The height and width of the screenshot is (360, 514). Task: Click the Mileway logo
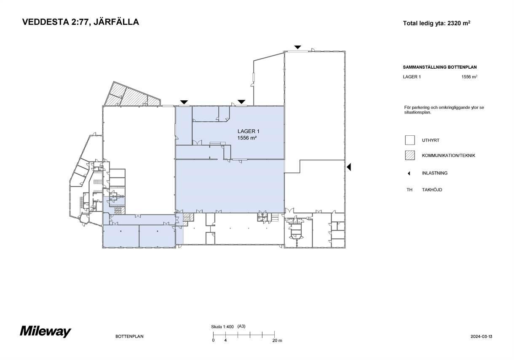(x=46, y=331)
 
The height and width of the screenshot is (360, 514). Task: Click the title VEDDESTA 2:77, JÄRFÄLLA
(x=80, y=22)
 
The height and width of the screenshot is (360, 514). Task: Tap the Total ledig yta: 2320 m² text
(x=436, y=23)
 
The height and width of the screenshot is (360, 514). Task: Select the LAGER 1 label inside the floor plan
(x=248, y=132)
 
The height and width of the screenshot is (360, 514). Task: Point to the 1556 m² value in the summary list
(x=469, y=77)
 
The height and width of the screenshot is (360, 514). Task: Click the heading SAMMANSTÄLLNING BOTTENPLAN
(x=440, y=67)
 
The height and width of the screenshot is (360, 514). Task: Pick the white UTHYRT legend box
(x=410, y=140)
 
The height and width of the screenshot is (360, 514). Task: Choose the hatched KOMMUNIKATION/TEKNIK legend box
(x=410, y=155)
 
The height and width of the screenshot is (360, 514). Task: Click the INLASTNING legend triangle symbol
(x=409, y=173)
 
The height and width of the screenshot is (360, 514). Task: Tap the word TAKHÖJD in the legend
(x=432, y=190)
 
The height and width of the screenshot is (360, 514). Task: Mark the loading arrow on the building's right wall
(x=348, y=167)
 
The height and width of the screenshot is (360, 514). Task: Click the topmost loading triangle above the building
(x=297, y=47)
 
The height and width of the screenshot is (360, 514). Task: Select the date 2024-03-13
(x=482, y=336)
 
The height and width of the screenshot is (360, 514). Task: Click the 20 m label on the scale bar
(x=277, y=341)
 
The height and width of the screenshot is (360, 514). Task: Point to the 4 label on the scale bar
(x=225, y=340)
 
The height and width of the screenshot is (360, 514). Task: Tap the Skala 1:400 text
(x=222, y=327)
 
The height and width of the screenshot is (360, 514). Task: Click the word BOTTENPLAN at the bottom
(x=129, y=336)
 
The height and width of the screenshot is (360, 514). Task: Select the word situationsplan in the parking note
(x=417, y=113)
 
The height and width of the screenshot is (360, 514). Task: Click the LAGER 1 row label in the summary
(x=412, y=77)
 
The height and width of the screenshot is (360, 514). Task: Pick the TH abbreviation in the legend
(x=410, y=190)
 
